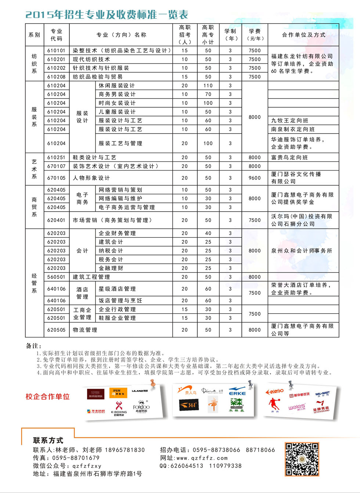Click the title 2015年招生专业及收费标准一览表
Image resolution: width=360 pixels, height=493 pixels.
pos(107,15)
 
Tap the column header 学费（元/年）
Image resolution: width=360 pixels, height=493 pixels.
pos(255,35)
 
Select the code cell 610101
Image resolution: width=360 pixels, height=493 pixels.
pos(56,51)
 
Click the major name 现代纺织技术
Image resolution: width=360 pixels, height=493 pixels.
pos(91,59)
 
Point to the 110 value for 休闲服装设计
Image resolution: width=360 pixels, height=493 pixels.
pos(208,86)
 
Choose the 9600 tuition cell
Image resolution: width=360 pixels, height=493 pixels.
pos(255,178)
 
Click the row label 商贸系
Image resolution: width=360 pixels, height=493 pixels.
pos(34,207)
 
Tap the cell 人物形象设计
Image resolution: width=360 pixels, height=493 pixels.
pos(91,178)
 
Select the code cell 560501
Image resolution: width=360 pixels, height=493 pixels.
pos(56,277)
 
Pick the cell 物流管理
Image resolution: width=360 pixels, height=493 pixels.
pos(85,330)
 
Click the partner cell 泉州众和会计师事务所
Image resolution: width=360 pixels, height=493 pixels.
pos(302,251)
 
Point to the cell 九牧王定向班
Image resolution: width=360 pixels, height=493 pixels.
pos(290,120)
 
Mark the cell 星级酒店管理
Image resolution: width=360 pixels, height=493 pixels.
pos(117,289)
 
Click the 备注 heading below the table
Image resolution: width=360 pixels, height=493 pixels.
pos(34,346)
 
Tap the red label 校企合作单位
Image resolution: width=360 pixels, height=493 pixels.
pos(47,397)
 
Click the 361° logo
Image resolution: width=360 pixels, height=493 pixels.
pos(189,405)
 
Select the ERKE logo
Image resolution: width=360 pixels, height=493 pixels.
pos(237,391)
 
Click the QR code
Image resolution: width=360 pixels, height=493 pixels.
pos(302,459)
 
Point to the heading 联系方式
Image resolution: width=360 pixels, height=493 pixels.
pos(48,440)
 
